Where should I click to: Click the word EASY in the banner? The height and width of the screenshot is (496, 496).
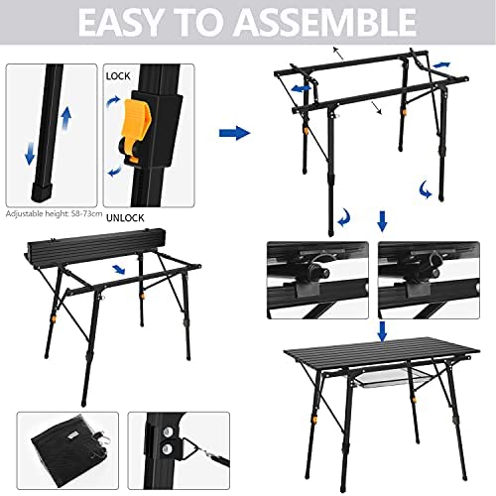click(119, 22)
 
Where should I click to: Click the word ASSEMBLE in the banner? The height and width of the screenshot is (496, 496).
click(326, 22)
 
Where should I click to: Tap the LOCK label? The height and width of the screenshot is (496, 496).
click(118, 76)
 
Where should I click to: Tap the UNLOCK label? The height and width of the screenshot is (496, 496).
click(125, 218)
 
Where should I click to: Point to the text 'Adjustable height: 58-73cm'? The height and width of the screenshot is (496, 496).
click(54, 214)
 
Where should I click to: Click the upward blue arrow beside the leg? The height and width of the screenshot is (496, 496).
click(66, 119)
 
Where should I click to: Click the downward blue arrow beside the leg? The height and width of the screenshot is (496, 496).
click(30, 153)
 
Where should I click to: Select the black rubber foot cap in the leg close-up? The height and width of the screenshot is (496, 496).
click(42, 192)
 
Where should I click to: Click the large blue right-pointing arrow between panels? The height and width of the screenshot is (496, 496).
click(234, 133)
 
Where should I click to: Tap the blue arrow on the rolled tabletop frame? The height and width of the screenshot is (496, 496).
click(118, 269)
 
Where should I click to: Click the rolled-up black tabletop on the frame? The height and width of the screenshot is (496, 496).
click(96, 246)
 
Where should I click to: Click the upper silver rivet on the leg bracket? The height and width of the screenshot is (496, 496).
click(168, 432)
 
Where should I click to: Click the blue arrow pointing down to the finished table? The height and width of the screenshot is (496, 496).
click(383, 331)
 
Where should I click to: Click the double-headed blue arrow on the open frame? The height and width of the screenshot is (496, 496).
click(301, 88)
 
